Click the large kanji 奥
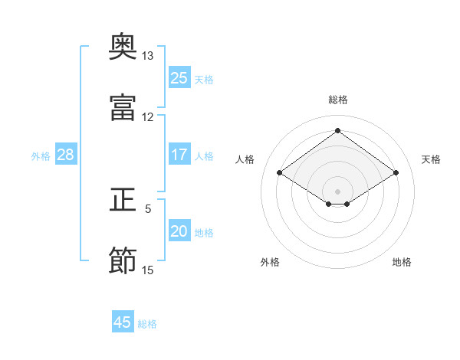coord(123,46)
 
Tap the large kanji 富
coord(123,107)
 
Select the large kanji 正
coord(123,199)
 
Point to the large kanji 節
coord(123,260)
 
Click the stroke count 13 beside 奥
coord(147,56)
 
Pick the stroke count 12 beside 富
coord(147,117)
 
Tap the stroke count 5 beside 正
coord(148,209)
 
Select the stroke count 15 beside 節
coord(147,270)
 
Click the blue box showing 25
coord(179,77)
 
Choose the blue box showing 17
coord(179,154)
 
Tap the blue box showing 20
coord(179,230)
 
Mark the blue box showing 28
coord(66,154)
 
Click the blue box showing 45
coord(123,321)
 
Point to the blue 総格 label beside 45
coord(147,324)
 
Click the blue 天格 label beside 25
coord(204,80)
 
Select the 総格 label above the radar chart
coord(338,100)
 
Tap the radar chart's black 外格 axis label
coord(270,262)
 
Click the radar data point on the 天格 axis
coord(396,172)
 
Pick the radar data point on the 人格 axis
coord(280,172)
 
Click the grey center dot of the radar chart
coord(337,191)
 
